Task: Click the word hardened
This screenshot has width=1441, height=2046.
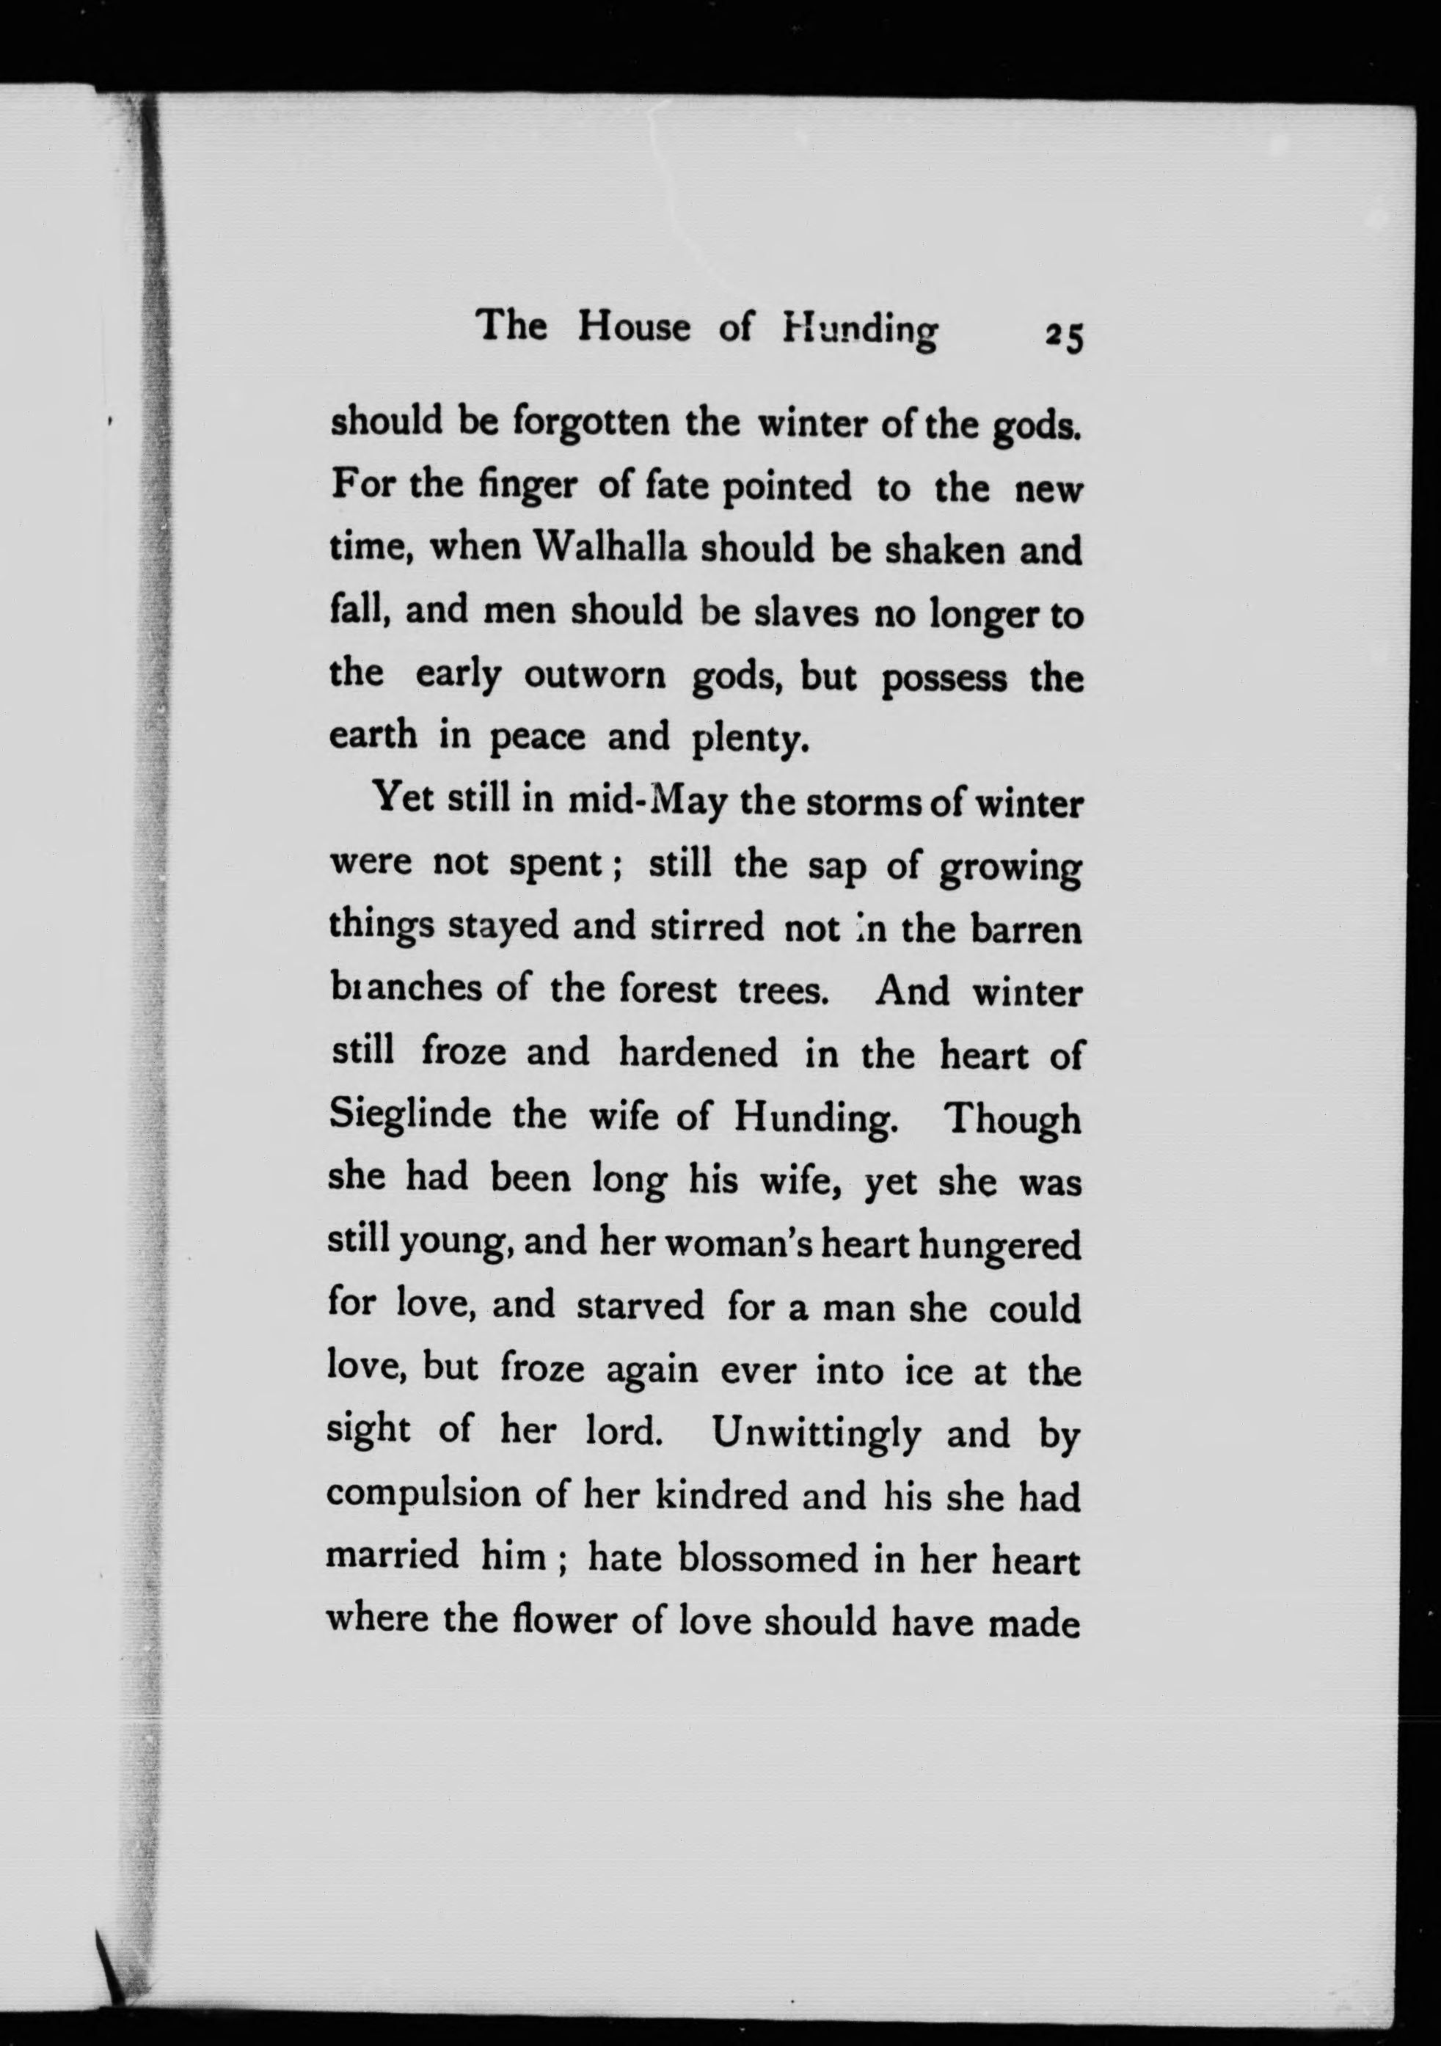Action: click(698, 1053)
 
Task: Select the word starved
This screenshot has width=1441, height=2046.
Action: click(640, 1307)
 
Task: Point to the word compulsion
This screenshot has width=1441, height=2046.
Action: click(423, 1497)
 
